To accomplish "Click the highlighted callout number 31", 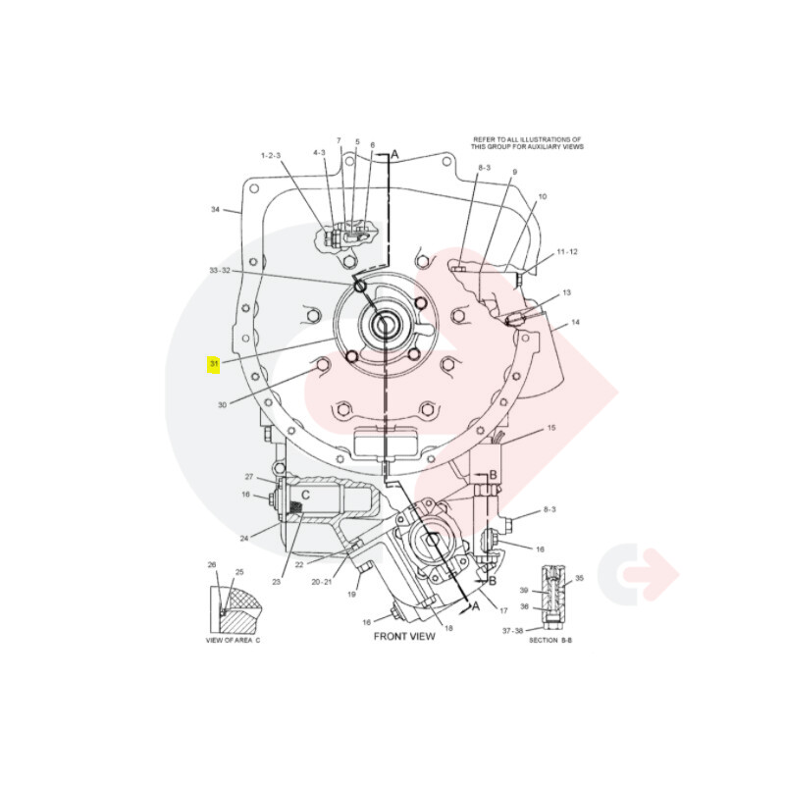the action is click(214, 363).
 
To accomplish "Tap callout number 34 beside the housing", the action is click(215, 209).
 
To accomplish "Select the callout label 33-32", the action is click(220, 271).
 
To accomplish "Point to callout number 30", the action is click(223, 404).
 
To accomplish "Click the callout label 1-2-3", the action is click(271, 156).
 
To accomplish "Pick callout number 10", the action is click(543, 197).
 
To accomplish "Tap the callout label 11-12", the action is click(567, 251).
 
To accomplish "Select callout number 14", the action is click(575, 322).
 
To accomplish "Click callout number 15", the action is click(551, 428).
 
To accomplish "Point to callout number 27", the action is click(249, 477).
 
